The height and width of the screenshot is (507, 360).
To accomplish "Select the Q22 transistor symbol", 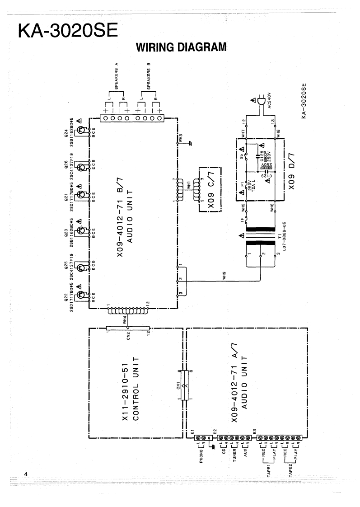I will pyautogui.click(x=82, y=296).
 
